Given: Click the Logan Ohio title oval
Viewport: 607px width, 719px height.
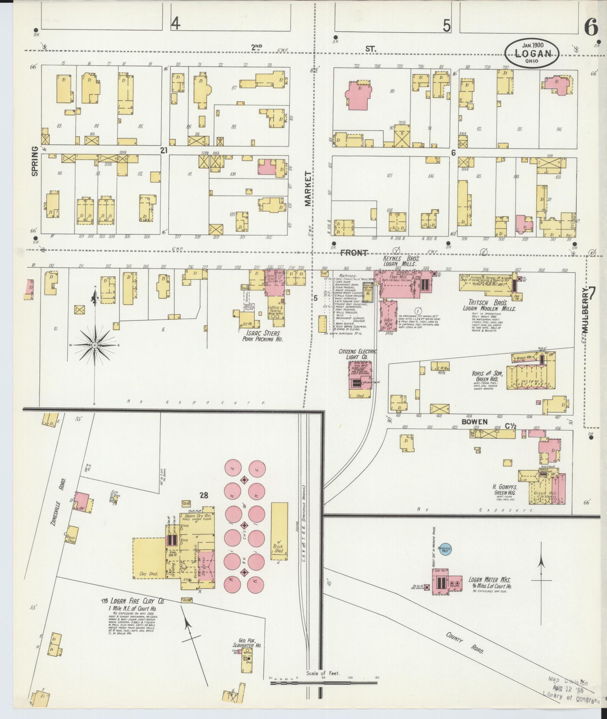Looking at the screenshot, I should tap(532, 53).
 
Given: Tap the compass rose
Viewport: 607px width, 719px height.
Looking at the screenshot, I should tap(95, 345).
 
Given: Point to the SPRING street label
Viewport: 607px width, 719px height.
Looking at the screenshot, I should tap(35, 161).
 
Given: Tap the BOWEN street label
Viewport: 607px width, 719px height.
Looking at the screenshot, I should tap(475, 422).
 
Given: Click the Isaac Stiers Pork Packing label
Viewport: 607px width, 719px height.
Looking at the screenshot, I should tap(260, 336).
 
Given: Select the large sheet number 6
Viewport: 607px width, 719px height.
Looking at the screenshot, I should tap(591, 27).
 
